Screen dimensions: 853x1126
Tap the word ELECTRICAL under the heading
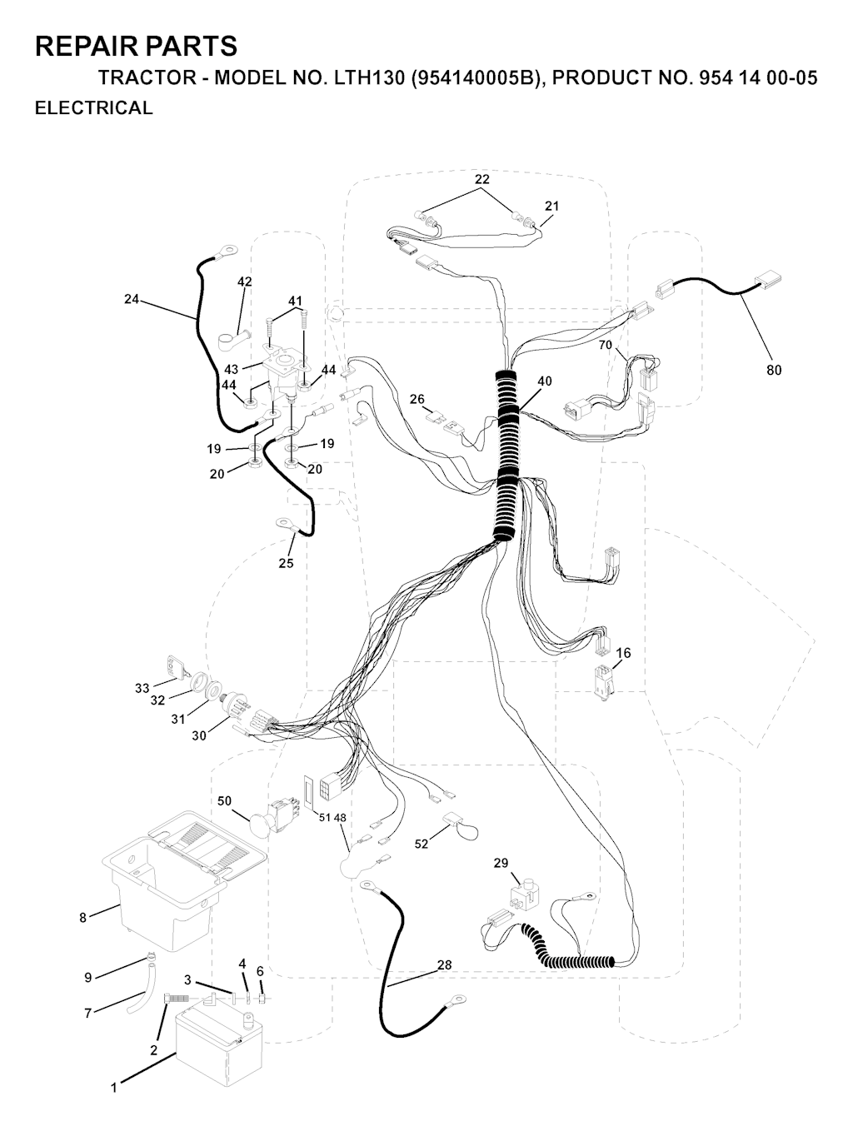tap(94, 107)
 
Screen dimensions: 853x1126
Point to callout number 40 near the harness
tap(545, 381)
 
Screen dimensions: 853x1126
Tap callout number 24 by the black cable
tap(132, 298)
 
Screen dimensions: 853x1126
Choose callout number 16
tap(623, 652)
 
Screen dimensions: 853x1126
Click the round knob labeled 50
tap(261, 825)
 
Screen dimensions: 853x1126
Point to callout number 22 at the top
tap(482, 179)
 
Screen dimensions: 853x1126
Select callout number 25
tap(287, 563)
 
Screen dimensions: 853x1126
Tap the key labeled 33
tap(176, 667)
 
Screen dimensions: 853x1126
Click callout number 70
tap(606, 345)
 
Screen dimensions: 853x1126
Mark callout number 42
tap(245, 281)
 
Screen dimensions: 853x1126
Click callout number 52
tap(422, 844)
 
